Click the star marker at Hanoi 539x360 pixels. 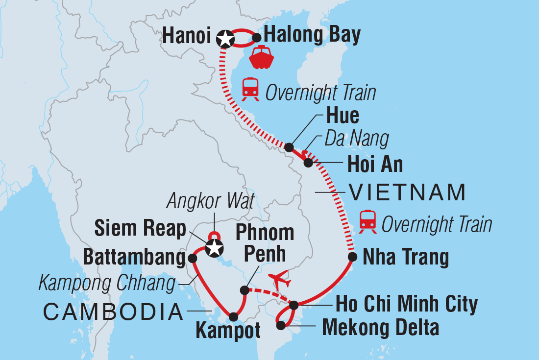click(x=225, y=38)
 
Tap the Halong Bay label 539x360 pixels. click(x=312, y=35)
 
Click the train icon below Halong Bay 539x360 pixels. click(x=250, y=89)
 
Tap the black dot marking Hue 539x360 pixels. click(x=289, y=147)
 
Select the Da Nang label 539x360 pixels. click(x=357, y=139)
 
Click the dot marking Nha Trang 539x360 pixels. click(x=352, y=257)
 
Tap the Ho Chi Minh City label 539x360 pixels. click(x=406, y=305)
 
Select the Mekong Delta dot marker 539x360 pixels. click(x=280, y=325)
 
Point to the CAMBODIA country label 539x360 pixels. click(x=113, y=312)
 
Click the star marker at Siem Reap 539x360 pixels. click(x=214, y=248)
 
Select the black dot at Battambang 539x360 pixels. click(x=193, y=257)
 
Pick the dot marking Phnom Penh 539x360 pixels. click(x=244, y=290)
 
